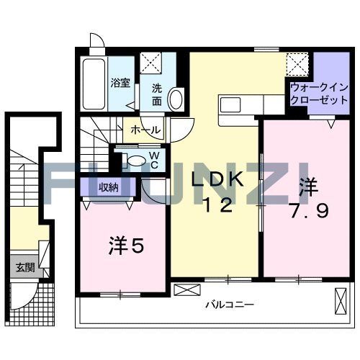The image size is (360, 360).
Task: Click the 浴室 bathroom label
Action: point(120,83)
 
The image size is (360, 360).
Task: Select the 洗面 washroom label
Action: point(156,94)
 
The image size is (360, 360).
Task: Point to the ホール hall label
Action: point(145,130)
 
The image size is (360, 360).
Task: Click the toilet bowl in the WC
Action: point(135,160)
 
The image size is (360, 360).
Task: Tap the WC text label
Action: point(153,160)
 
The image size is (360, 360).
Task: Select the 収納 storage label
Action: point(108,188)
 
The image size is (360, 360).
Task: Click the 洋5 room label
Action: point(127,246)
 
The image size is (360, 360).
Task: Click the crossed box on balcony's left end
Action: point(184,291)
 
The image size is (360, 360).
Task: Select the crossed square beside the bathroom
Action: point(150,60)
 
